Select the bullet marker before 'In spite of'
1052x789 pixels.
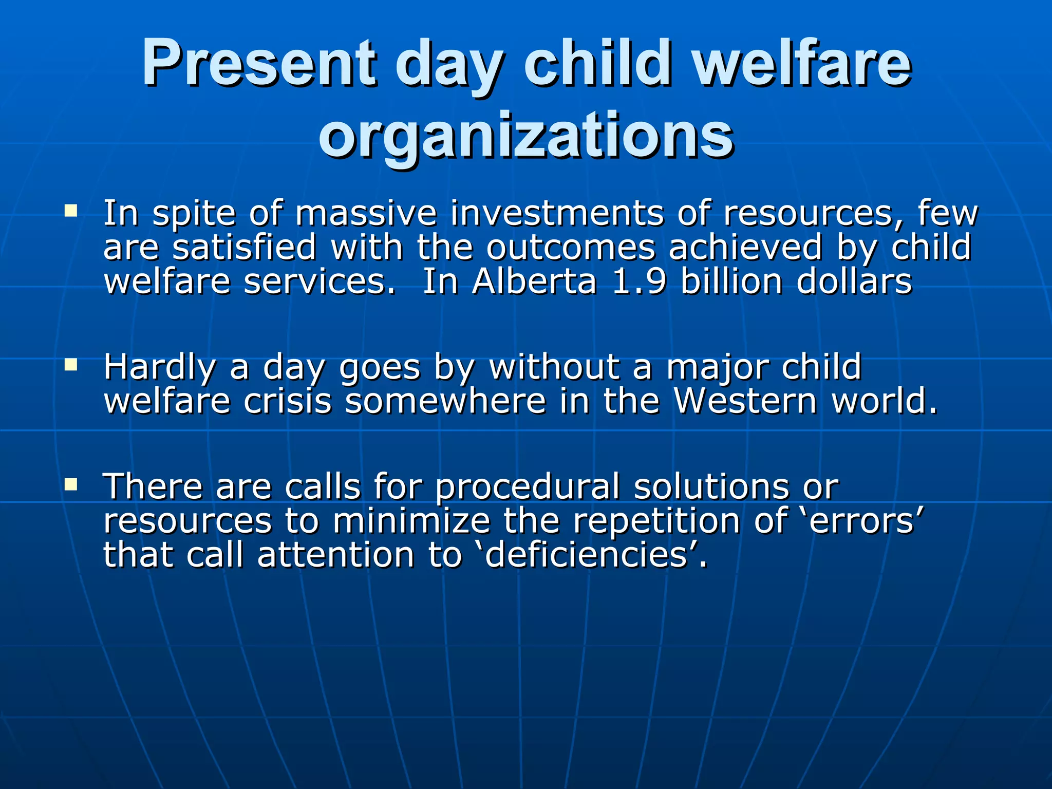point(71,211)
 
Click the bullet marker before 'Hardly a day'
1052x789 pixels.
point(71,365)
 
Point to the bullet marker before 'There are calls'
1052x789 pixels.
point(71,484)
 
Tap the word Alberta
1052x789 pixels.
point(535,282)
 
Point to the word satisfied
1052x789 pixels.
point(244,248)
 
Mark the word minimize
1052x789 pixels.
point(411,521)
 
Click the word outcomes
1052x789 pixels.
point(571,248)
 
